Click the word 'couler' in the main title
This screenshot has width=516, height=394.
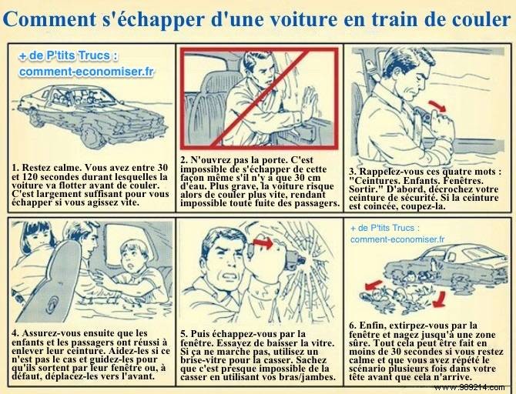point(470,18)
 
